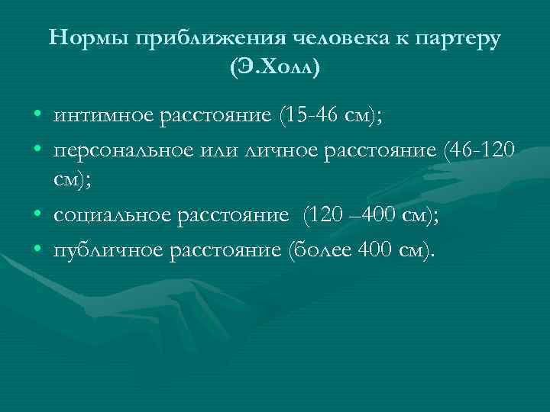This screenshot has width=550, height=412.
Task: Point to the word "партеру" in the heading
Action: click(461, 38)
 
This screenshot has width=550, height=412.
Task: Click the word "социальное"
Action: click(113, 218)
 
